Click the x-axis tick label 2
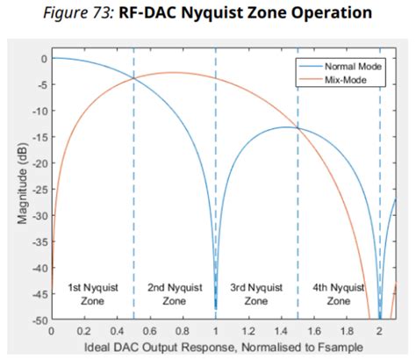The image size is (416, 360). point(380,332)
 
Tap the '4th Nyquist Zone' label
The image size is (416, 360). point(338,293)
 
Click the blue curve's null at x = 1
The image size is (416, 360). point(216,307)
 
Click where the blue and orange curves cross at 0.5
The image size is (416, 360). point(134,78)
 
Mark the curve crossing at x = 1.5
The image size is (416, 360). point(298,129)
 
